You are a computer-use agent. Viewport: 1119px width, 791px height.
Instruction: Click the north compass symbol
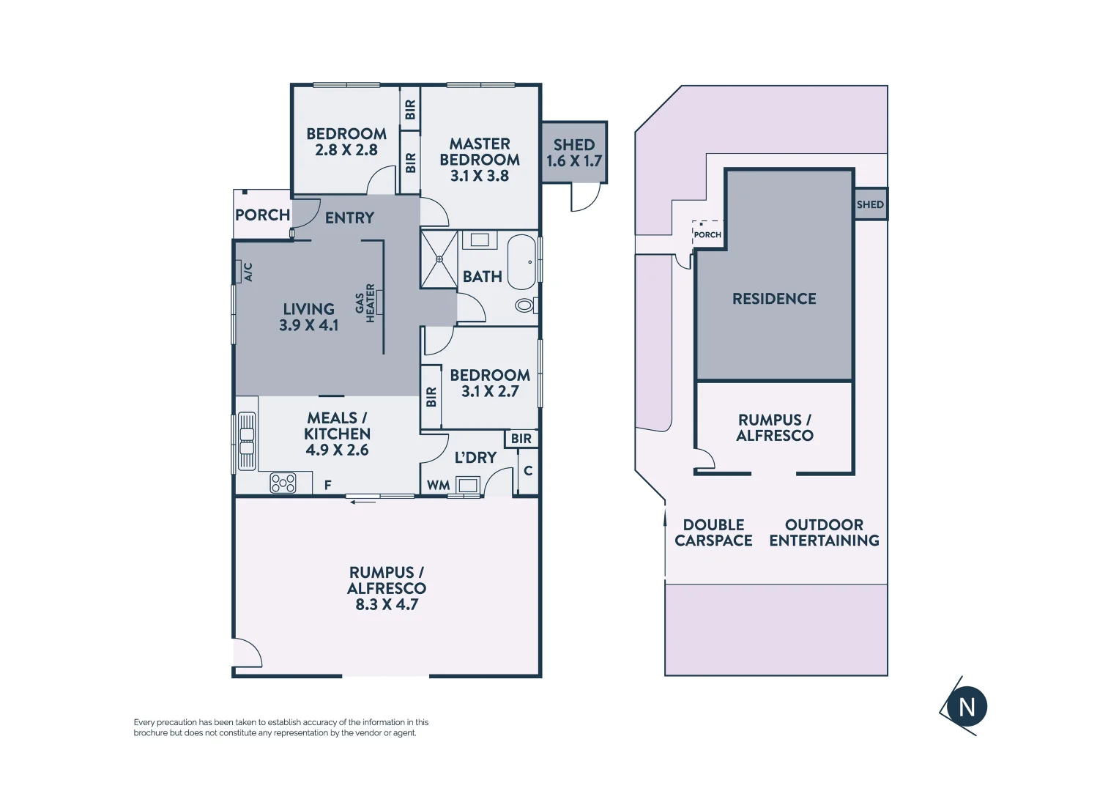tap(966, 707)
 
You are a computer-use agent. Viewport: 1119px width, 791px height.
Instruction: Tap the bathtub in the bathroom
tap(522, 262)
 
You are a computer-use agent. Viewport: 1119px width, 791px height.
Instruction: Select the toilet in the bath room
tap(525, 305)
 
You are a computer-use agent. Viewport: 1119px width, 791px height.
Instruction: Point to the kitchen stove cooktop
tap(283, 483)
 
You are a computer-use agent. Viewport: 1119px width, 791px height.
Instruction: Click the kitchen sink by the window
tap(247, 441)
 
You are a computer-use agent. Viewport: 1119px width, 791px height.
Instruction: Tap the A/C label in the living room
tap(248, 272)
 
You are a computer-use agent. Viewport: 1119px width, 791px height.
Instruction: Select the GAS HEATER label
tap(365, 303)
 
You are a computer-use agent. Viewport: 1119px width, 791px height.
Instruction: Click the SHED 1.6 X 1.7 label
tap(574, 153)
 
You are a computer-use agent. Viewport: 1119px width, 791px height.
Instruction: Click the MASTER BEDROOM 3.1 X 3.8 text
tap(480, 160)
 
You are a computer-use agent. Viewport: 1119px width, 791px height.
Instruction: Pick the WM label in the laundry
tap(438, 486)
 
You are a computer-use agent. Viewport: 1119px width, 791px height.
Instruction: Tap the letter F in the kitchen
tap(327, 485)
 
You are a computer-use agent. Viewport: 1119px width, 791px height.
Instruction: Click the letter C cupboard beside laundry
tap(528, 471)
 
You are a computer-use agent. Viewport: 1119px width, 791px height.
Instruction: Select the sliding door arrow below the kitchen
tap(363, 502)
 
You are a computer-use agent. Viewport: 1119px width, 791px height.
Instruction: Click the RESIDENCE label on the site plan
tap(774, 299)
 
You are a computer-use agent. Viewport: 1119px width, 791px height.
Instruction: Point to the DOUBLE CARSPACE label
tap(713, 532)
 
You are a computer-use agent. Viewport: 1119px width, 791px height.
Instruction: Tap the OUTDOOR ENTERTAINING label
tap(824, 532)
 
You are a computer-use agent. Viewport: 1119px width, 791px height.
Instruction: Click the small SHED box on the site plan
tap(870, 204)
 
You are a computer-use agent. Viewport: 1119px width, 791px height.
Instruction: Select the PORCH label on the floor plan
tap(262, 215)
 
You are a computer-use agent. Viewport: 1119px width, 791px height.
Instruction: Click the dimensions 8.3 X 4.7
tap(387, 605)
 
